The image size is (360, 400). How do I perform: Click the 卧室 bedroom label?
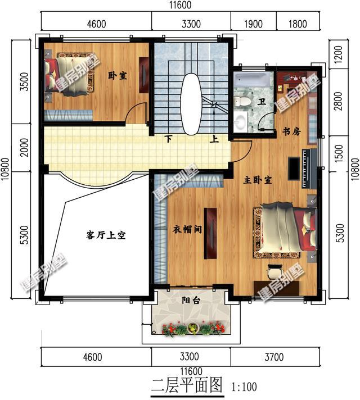click(117, 76)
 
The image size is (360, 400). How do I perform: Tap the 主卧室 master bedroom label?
click(257, 180)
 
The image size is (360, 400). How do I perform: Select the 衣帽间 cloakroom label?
click(187, 229)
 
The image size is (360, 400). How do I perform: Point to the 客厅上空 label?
click(106, 235)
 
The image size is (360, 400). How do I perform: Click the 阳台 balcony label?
click(191, 300)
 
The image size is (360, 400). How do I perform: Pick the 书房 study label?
click(291, 131)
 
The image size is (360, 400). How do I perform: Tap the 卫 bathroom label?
click(262, 102)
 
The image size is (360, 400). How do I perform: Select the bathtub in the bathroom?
click(251, 80)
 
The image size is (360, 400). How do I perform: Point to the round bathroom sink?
click(240, 122)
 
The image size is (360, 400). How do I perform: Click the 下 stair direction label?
click(168, 139)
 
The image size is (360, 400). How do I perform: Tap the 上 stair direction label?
click(214, 139)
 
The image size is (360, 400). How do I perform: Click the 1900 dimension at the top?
click(253, 24)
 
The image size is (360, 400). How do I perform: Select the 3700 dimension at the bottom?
click(274, 357)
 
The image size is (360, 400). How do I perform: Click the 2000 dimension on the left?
click(25, 147)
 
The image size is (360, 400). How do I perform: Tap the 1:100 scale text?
click(244, 387)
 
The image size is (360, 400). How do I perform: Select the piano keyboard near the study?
click(309, 169)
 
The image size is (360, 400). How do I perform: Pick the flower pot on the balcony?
click(193, 328)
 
